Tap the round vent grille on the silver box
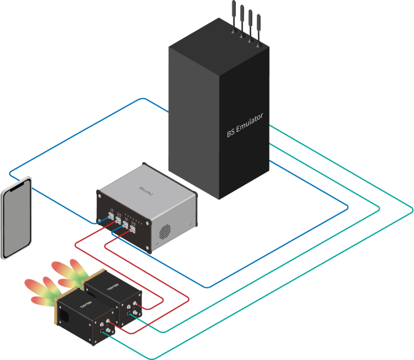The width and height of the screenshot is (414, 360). (165, 232)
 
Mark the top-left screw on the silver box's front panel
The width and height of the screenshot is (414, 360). (100, 194)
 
